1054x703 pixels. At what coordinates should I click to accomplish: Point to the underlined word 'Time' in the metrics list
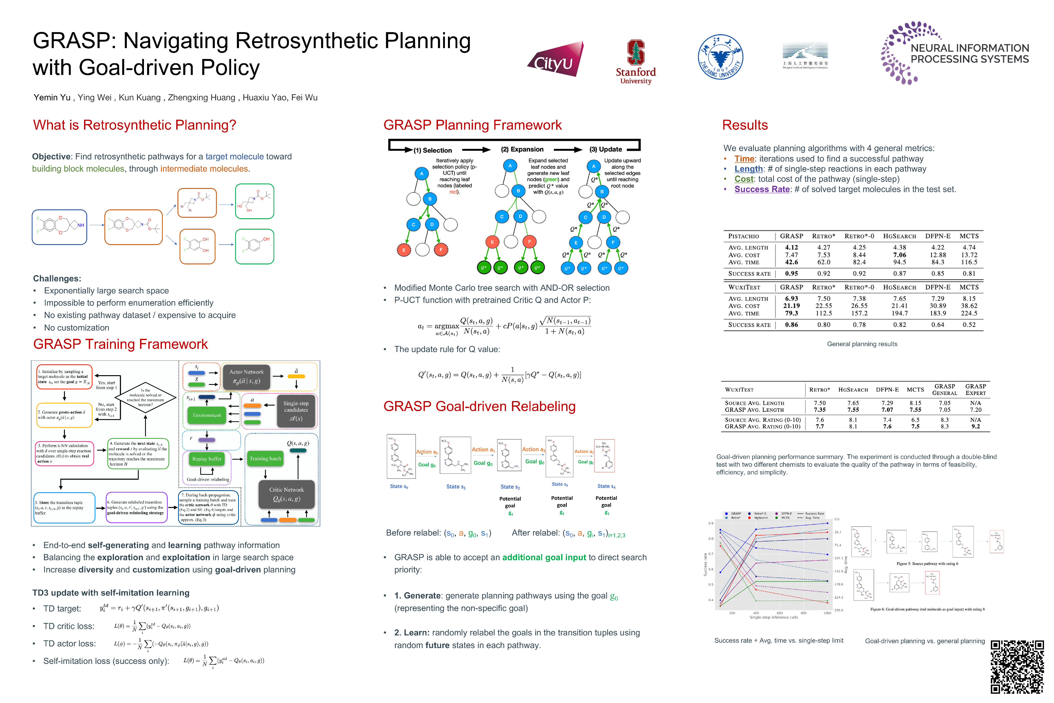(744, 159)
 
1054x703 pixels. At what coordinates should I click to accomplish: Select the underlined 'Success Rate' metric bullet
(762, 189)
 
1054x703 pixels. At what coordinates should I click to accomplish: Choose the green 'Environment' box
(207, 415)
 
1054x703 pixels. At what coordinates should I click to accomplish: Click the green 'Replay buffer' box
(207, 459)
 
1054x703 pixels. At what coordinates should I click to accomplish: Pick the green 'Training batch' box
(265, 459)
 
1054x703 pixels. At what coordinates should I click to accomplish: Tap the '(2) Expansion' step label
(522, 149)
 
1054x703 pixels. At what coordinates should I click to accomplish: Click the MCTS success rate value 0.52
(969, 325)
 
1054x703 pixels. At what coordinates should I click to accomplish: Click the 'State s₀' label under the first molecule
(399, 486)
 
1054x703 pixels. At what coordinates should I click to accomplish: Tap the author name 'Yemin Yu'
(52, 97)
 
